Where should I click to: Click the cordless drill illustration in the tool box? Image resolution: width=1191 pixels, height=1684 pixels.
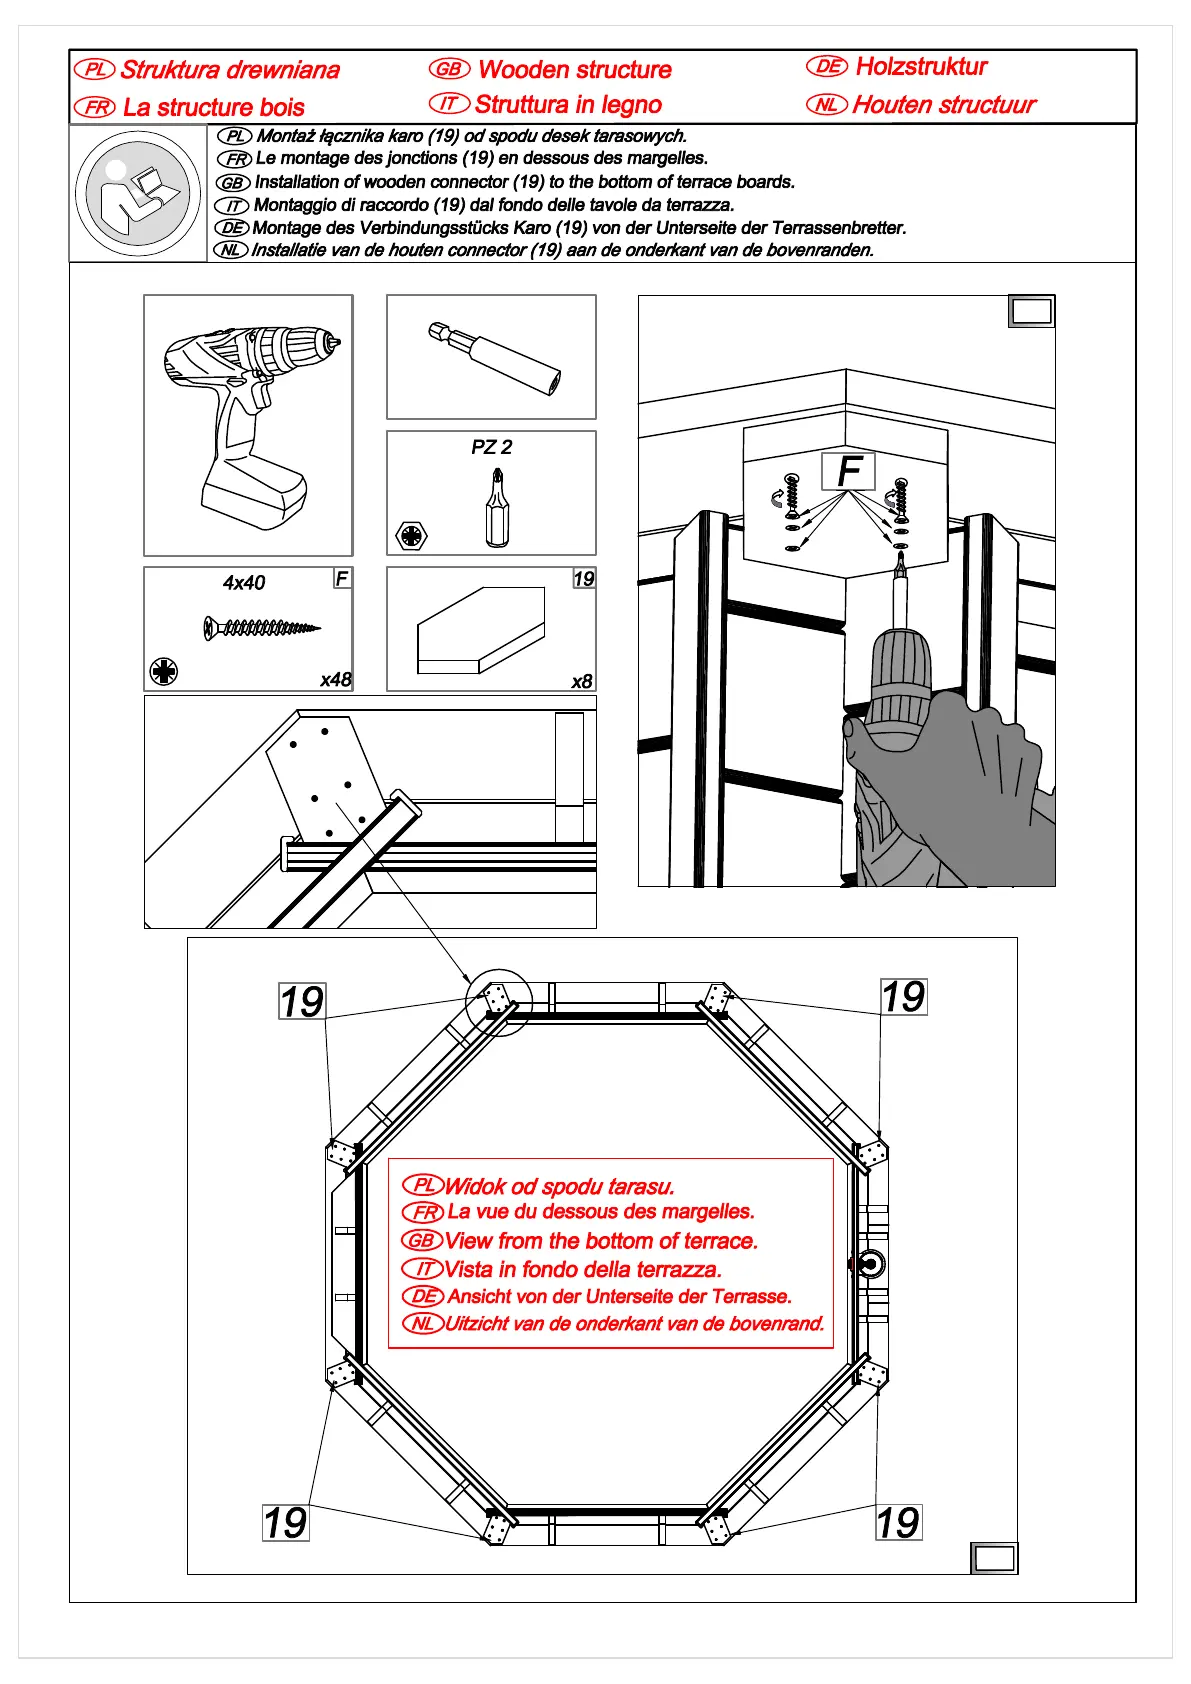248,425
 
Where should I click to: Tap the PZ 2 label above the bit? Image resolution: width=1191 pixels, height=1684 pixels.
491,447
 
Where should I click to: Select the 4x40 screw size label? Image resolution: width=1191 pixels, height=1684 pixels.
244,583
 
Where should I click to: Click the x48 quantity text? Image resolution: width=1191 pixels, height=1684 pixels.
336,679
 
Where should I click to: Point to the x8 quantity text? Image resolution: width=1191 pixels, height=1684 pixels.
581,681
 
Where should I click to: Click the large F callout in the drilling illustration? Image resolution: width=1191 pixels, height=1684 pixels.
848,470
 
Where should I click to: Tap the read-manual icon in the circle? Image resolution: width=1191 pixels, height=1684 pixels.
138,194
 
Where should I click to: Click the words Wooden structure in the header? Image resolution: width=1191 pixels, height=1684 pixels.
574,70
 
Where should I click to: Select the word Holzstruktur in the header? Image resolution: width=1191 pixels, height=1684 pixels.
921,67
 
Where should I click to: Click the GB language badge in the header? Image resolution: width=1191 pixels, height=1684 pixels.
449,69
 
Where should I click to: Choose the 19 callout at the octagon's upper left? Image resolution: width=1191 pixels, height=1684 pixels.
302,1001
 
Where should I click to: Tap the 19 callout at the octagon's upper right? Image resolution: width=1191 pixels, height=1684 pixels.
903,996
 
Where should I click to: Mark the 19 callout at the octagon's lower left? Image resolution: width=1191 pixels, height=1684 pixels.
285,1522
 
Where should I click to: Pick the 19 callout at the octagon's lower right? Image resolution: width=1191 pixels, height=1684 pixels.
898,1522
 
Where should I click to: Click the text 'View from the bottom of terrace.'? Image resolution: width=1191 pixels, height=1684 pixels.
601,1241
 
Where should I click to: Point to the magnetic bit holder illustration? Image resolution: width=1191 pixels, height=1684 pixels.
495,356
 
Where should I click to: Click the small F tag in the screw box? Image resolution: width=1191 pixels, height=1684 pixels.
342,578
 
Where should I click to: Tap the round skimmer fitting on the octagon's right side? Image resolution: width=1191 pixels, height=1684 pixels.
869,1264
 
